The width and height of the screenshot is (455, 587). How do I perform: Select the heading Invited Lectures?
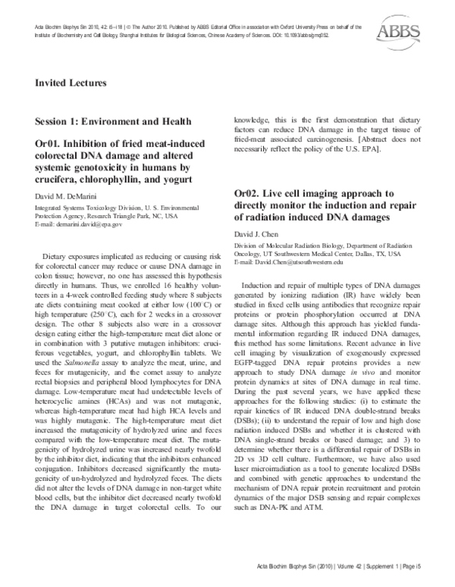[x=71, y=83]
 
